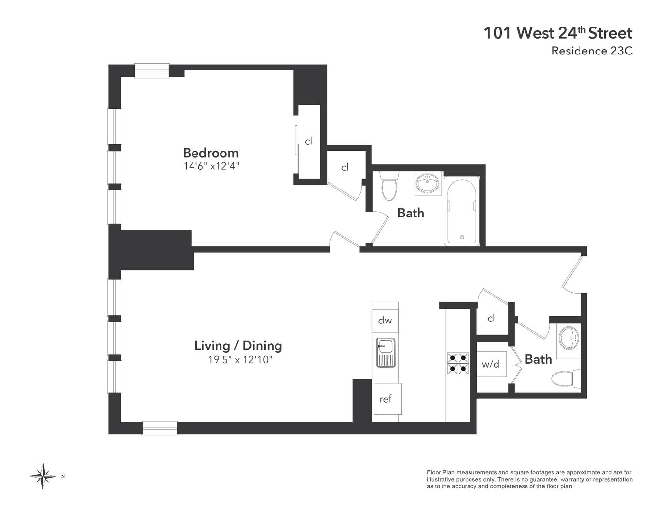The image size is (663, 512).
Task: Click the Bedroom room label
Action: click(211, 153)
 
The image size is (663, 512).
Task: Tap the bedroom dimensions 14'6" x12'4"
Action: click(211, 166)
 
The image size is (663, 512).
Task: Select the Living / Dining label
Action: click(238, 346)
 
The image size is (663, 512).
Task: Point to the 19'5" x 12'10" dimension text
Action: click(240, 360)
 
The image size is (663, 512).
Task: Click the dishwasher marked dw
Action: click(385, 321)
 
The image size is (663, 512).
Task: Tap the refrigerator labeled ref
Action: click(387, 399)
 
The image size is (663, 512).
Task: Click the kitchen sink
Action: click(386, 352)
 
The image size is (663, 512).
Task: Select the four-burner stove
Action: click(458, 363)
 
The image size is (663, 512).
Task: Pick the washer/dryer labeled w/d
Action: click(492, 364)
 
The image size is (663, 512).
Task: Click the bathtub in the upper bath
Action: click(462, 211)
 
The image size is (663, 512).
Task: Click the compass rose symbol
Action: click(43, 476)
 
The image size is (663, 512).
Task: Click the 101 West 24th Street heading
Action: click(558, 33)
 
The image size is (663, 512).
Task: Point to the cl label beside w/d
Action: click(491, 318)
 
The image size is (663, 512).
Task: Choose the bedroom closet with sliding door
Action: click(309, 141)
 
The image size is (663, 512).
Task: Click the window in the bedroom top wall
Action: click(152, 70)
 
